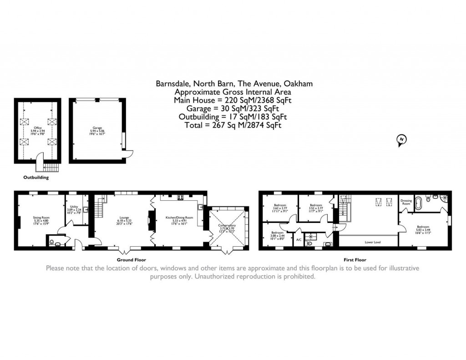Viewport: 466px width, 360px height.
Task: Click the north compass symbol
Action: coord(401,140)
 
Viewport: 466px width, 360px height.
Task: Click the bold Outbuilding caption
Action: coord(36,177)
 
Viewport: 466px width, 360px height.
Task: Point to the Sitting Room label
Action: coord(41,218)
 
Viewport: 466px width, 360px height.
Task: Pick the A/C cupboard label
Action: coord(299,239)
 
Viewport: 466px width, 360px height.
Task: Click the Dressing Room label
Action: coord(406,202)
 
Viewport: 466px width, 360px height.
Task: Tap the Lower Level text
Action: coord(373,242)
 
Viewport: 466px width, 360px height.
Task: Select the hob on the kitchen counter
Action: coord(179,198)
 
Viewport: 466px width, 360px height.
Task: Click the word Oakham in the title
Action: coord(298,83)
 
